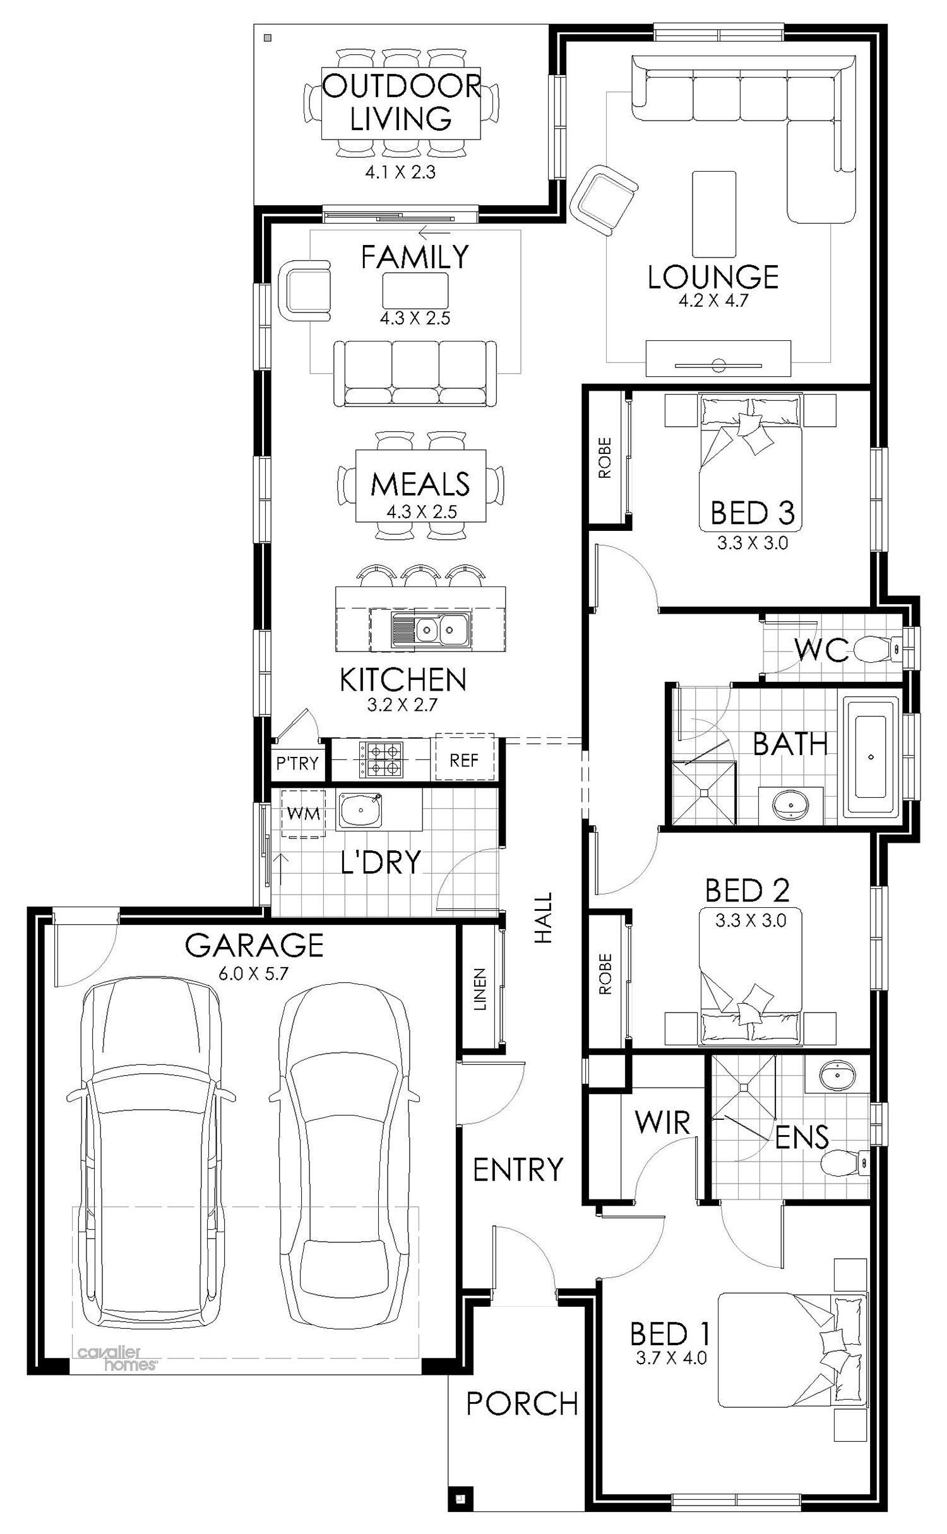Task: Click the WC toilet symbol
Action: pyautogui.click(x=878, y=648)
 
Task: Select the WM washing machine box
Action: pyautogui.click(x=304, y=814)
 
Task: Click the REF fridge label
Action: pyautogui.click(x=464, y=760)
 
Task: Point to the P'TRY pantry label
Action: pyautogui.click(x=297, y=763)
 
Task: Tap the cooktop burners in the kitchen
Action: pyautogui.click(x=381, y=759)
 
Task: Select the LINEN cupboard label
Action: pyautogui.click(x=480, y=989)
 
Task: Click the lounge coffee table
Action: pyautogui.click(x=714, y=213)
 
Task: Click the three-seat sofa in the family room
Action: pyautogui.click(x=415, y=372)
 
